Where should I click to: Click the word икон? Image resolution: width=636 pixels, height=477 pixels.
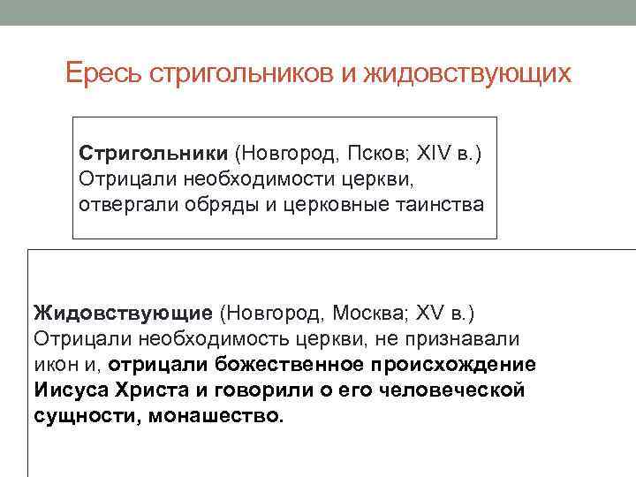[56, 364]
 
